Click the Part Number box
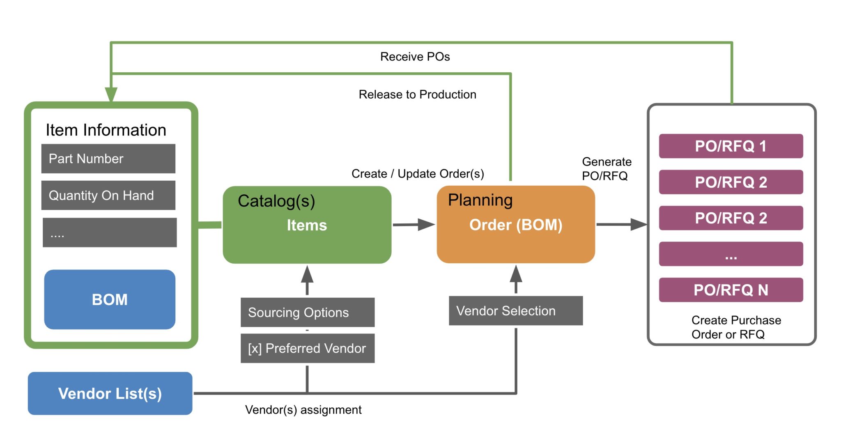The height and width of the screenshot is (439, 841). click(108, 159)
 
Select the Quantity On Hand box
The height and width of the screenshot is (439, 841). click(108, 195)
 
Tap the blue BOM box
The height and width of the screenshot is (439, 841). click(110, 299)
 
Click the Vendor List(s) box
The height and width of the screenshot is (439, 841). click(110, 393)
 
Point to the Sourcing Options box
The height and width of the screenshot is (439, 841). click(307, 313)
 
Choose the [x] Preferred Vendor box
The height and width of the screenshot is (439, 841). click(307, 348)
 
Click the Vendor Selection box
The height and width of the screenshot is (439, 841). click(515, 311)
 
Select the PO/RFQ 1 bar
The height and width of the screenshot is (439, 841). click(731, 146)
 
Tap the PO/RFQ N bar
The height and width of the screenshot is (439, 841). click(731, 290)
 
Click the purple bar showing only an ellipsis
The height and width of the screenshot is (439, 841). click(731, 254)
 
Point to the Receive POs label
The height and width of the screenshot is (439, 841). click(415, 57)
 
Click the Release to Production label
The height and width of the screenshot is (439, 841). click(417, 94)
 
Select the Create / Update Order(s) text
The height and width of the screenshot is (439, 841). click(418, 174)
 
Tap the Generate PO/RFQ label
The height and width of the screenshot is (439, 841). click(606, 169)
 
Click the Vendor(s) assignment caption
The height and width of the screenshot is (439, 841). click(303, 410)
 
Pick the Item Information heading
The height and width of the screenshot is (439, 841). click(106, 130)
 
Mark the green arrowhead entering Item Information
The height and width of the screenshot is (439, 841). click(111, 94)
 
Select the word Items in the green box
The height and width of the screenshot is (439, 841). click(307, 225)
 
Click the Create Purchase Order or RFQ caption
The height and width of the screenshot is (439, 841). click(735, 327)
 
